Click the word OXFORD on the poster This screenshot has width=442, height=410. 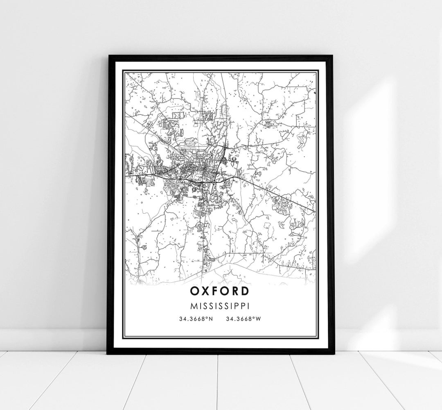219,291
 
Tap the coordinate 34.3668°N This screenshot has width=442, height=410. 196,319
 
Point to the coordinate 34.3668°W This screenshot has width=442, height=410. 243,319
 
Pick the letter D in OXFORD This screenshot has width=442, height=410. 244,291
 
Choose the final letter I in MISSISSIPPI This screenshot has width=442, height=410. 249,306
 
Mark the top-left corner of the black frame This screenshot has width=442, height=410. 108,55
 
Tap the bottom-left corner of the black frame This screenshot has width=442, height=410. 108,353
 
